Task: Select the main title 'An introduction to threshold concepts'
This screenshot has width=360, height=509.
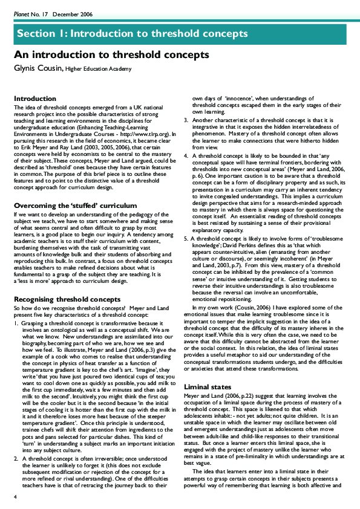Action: [x=111, y=55]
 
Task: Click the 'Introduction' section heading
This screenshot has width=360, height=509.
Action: [x=34, y=98]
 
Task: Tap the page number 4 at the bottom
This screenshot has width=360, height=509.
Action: [x=16, y=496]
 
